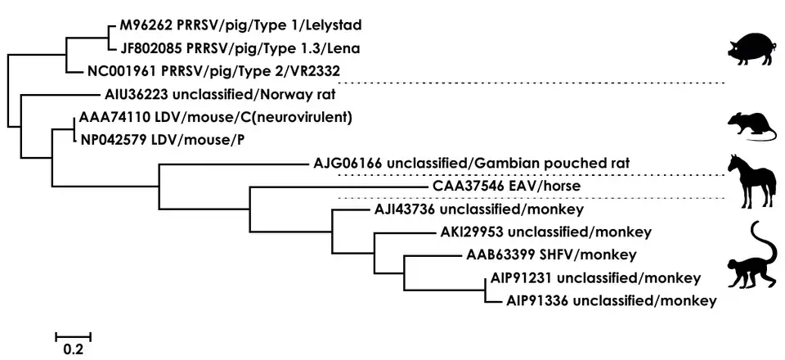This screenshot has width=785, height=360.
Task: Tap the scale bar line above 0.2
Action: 74,335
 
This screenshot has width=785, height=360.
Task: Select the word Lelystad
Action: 310,24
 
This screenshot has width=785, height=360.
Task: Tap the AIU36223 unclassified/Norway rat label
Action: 210,93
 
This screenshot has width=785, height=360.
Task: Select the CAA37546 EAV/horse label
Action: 507,186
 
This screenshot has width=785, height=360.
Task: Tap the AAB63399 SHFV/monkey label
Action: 551,254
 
